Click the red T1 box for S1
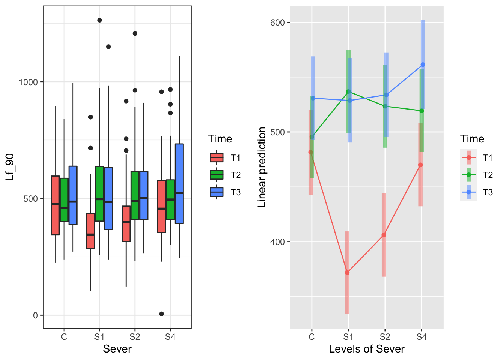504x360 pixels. (x=91, y=231)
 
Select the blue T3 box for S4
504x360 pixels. (x=179, y=184)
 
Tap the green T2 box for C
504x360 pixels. (x=64, y=200)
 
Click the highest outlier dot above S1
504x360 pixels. (x=99, y=20)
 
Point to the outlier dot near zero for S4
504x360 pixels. (x=161, y=314)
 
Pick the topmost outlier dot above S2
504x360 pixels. (x=135, y=33)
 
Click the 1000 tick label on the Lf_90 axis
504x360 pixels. (x=28, y=82)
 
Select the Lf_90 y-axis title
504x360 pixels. (x=10, y=167)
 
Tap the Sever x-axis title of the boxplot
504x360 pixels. (x=117, y=349)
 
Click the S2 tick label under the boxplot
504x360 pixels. (x=135, y=337)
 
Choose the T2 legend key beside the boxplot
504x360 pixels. (x=217, y=175)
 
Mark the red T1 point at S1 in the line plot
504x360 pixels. (x=347, y=272)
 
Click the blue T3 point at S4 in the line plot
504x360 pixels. (x=423, y=65)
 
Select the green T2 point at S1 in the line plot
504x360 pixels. (x=348, y=91)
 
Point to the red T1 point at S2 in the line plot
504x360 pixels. (x=384, y=235)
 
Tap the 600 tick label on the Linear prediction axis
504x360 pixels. (x=277, y=22)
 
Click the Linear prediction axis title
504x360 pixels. (x=262, y=167)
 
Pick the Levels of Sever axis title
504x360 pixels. (x=366, y=349)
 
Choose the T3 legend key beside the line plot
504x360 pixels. (x=469, y=192)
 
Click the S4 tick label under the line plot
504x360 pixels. (x=421, y=337)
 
